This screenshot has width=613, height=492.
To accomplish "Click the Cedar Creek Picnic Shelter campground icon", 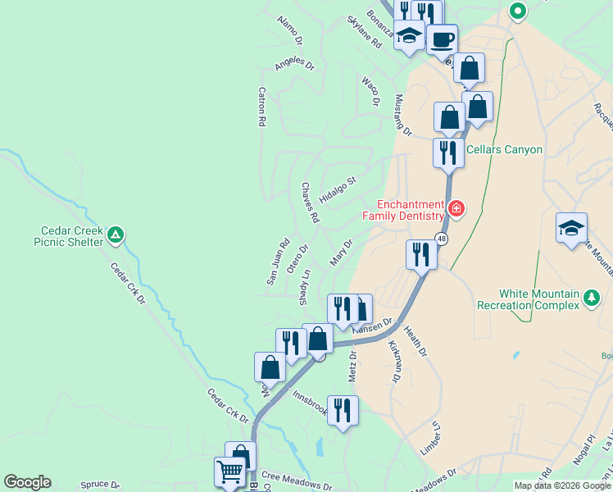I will click(116, 236).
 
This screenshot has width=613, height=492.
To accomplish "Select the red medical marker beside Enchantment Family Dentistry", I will click(456, 210).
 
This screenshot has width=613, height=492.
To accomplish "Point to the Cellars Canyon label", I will click(504, 149).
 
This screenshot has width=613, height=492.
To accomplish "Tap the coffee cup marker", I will click(442, 38).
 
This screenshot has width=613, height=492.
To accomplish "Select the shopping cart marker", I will click(230, 472).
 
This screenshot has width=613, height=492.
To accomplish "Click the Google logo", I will click(27, 482).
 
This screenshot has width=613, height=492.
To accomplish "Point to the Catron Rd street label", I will click(262, 107).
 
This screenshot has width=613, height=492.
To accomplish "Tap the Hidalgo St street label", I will click(338, 190).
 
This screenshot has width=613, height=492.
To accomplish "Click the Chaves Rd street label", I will click(308, 203).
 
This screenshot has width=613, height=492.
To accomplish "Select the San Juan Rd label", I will click(278, 262).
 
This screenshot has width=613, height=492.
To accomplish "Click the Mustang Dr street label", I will click(402, 114).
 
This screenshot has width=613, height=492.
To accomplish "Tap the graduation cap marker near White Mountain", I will click(571, 229).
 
